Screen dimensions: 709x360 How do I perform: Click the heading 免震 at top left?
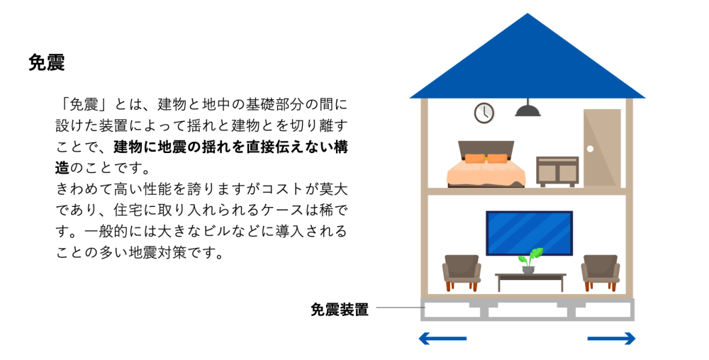click(47, 62)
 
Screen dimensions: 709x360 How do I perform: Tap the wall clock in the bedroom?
click(484, 113)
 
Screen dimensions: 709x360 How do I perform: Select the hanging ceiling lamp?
click(527, 108)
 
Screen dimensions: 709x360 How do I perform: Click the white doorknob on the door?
click(590, 149)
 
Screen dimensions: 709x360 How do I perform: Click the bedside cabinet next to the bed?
click(557, 171)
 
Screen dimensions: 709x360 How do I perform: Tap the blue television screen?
click(529, 233)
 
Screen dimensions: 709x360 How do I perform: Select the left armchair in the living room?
click(462, 273)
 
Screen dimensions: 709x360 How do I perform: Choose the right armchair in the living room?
click(600, 273)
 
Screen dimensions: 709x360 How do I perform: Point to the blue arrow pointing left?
click(442, 338)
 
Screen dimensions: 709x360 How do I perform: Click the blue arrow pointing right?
click(611, 338)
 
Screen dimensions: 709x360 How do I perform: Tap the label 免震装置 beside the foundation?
click(339, 310)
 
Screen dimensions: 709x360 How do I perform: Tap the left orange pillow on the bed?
click(475, 159)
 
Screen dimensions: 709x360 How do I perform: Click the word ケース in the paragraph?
click(283, 210)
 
